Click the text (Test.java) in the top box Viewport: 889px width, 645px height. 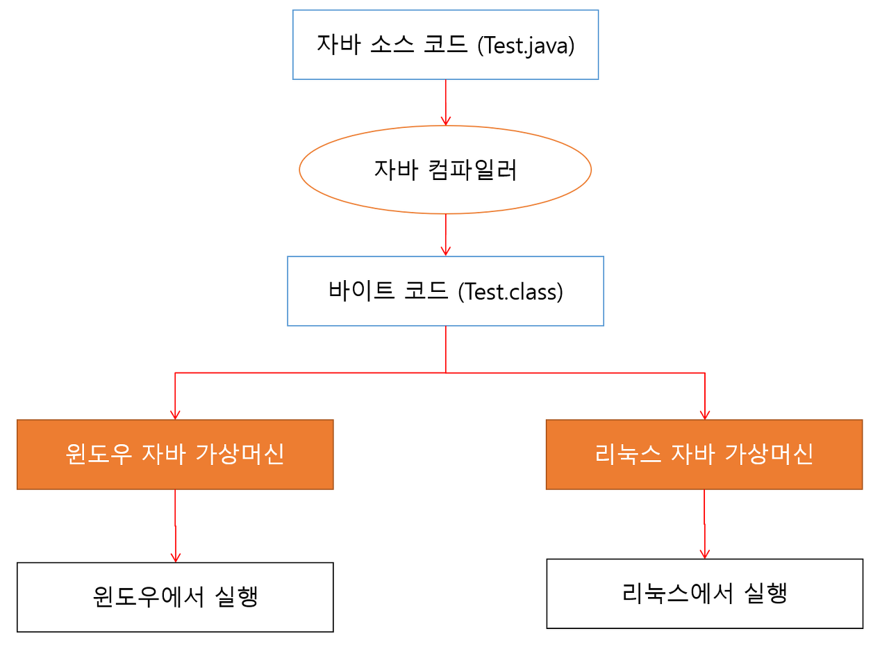(x=526, y=46)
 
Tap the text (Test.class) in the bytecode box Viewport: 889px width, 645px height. (x=510, y=292)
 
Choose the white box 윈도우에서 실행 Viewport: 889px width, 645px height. (x=175, y=597)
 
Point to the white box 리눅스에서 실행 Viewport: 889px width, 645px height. (x=704, y=594)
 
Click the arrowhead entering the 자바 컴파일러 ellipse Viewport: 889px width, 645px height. (x=445, y=120)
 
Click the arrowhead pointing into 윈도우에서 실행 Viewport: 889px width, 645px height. (x=175, y=557)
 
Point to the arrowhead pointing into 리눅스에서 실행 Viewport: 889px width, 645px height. (x=704, y=553)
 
